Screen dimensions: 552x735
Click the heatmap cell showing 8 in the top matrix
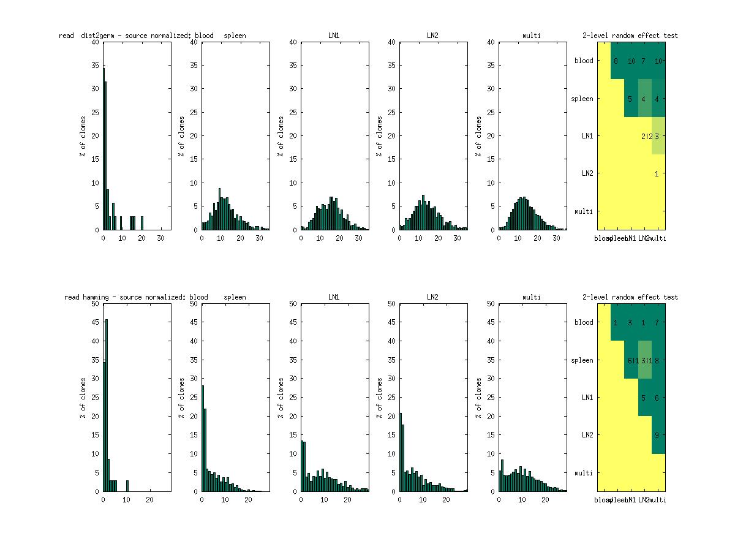(x=616, y=61)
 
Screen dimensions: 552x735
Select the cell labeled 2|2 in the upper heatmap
(x=644, y=136)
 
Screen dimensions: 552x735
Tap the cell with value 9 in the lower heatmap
(x=657, y=436)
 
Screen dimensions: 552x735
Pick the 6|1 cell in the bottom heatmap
(x=631, y=360)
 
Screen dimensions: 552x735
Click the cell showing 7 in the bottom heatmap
(x=657, y=322)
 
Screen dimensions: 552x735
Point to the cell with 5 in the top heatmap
(x=630, y=99)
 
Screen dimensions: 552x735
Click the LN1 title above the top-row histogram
(x=334, y=36)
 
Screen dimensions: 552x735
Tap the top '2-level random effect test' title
(x=630, y=36)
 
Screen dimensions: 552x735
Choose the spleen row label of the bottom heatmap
(x=582, y=360)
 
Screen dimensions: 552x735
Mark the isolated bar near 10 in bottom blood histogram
(x=127, y=486)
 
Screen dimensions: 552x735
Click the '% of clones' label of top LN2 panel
(x=379, y=136)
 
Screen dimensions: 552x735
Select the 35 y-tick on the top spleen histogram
(x=195, y=66)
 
